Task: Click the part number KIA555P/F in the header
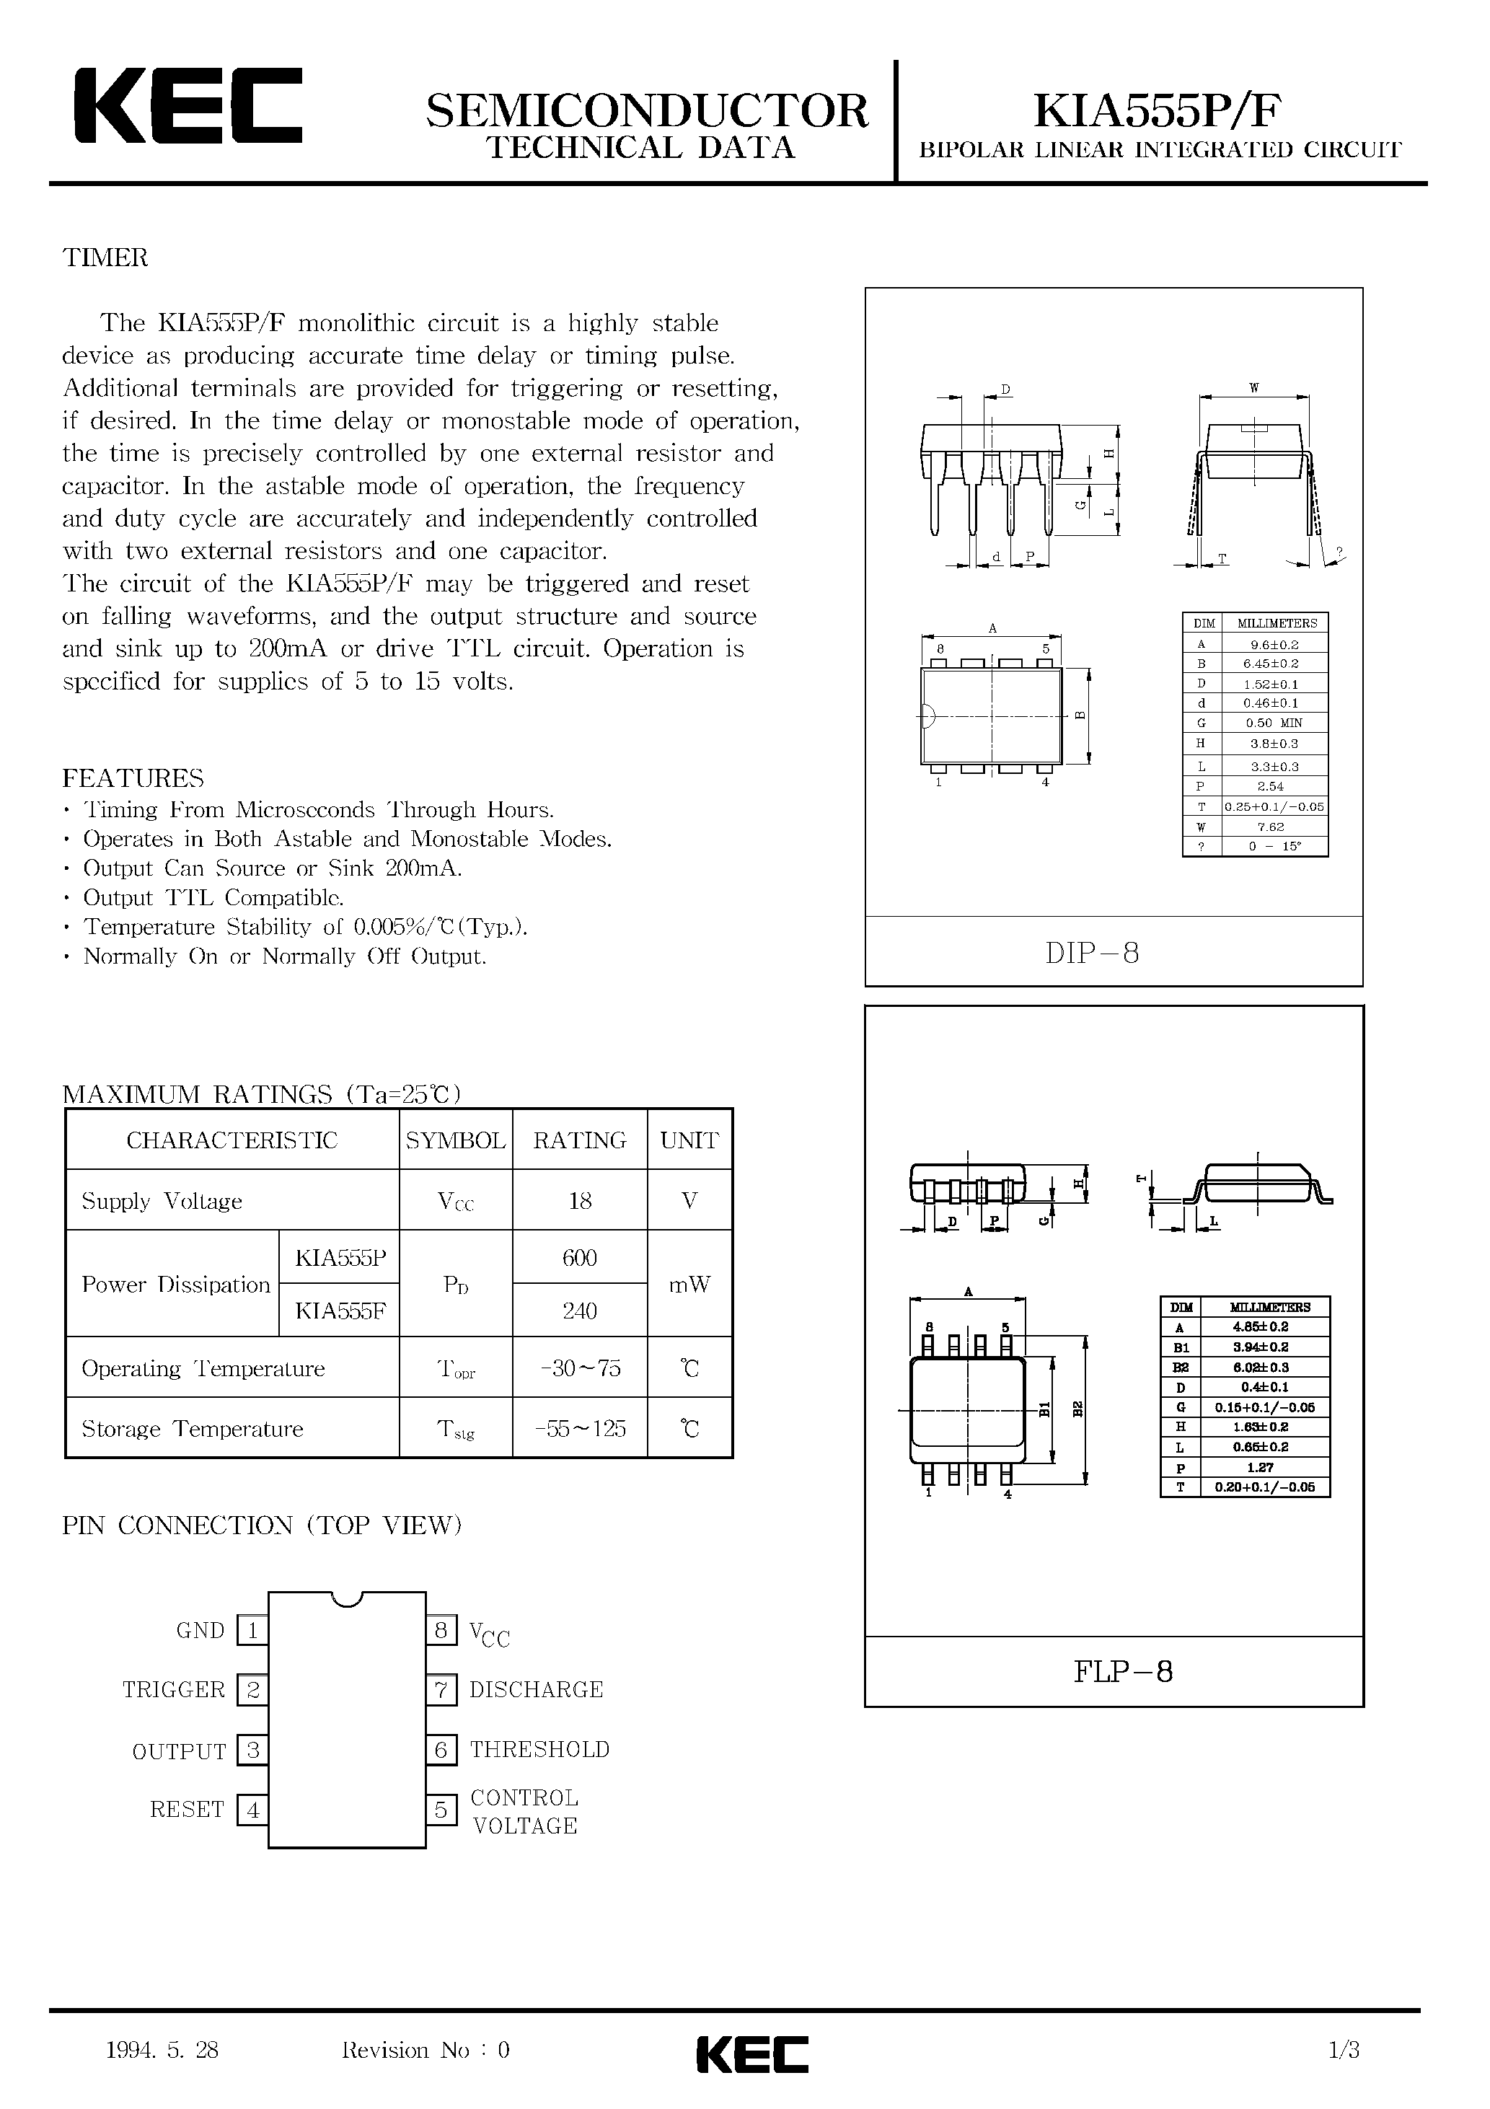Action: point(1158,111)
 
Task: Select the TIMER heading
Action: point(105,258)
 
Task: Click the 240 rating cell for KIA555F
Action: point(580,1311)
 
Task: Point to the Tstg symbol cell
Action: point(456,1428)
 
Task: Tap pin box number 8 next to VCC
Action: point(441,1630)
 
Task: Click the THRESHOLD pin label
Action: point(539,1750)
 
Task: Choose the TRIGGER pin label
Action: point(174,1690)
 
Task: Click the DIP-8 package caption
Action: point(1092,954)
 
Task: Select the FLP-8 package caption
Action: point(1123,1671)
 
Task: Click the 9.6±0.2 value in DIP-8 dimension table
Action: point(1275,645)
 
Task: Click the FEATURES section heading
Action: point(133,778)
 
